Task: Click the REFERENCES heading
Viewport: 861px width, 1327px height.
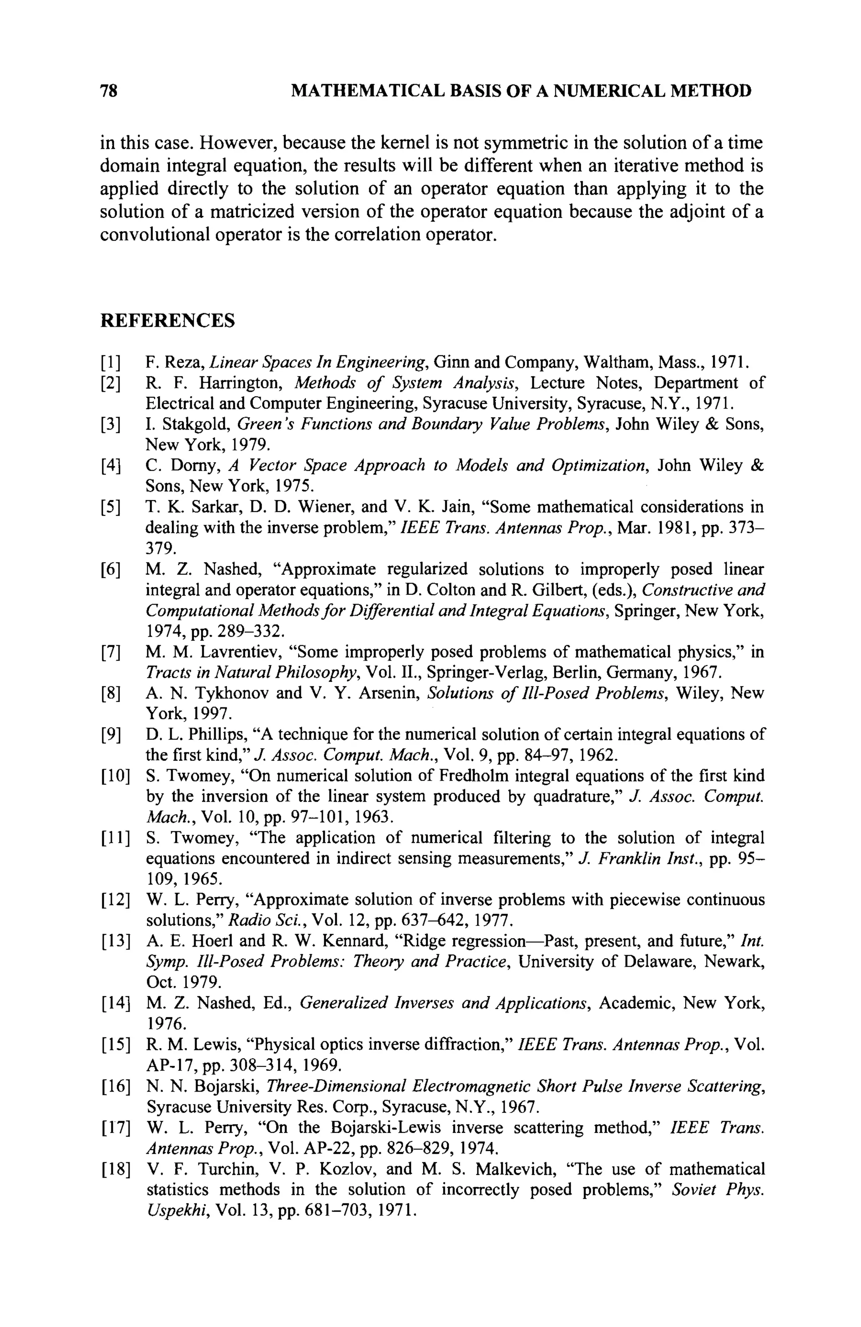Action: (167, 321)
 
